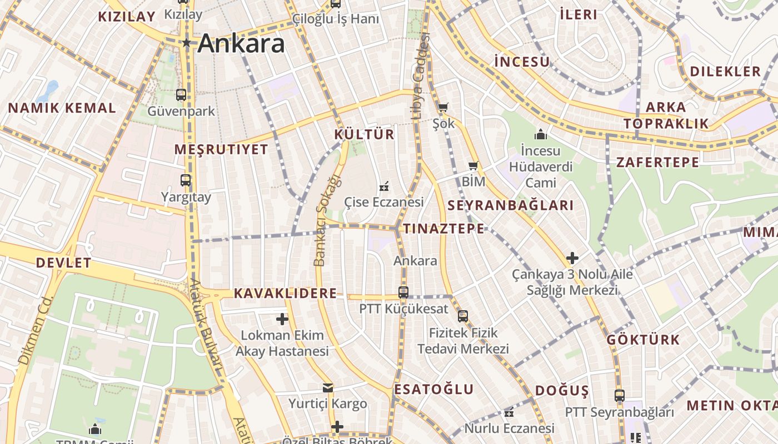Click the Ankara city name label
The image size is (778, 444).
pos(241,43)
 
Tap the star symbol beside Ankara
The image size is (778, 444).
pos(187,43)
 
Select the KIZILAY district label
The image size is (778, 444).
pos(126,17)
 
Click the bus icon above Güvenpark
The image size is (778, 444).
pos(181,95)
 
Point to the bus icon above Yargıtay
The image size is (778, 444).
pos(186,180)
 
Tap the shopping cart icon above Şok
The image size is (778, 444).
pos(443,107)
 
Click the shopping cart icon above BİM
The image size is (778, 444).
pos(473,166)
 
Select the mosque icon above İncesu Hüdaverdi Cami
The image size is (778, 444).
pos(540,134)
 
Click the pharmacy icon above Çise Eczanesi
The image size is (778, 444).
pos(383,187)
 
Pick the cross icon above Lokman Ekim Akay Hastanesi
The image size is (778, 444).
pos(282,319)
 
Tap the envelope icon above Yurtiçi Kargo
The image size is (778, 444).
pos(328,388)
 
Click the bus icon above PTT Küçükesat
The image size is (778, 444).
pos(403,292)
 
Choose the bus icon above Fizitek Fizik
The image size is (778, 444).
pos(463,316)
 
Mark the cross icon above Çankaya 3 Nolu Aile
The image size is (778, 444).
pos(572,258)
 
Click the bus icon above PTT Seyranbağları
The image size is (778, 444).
pos(620,396)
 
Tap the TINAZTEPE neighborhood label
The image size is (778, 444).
pos(443,229)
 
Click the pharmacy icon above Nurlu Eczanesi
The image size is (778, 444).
pos(509,412)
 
